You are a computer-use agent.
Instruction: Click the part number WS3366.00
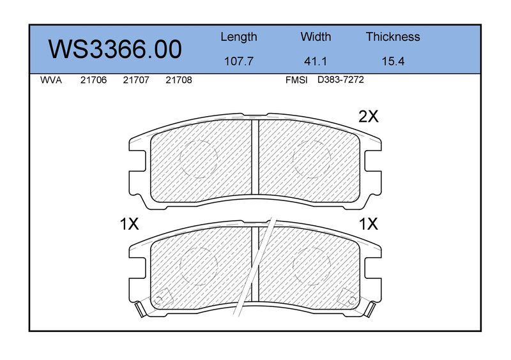click(x=115, y=50)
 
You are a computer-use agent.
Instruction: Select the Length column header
click(x=239, y=37)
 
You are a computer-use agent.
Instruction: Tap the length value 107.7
click(x=238, y=61)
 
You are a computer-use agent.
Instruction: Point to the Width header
click(x=316, y=36)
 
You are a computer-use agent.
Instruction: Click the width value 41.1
click(x=315, y=61)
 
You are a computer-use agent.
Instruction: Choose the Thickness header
click(x=393, y=36)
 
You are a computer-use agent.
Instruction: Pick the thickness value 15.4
click(x=393, y=61)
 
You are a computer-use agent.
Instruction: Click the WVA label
click(x=51, y=80)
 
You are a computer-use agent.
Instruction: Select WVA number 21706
click(x=93, y=80)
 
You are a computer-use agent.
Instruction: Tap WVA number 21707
click(x=136, y=80)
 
